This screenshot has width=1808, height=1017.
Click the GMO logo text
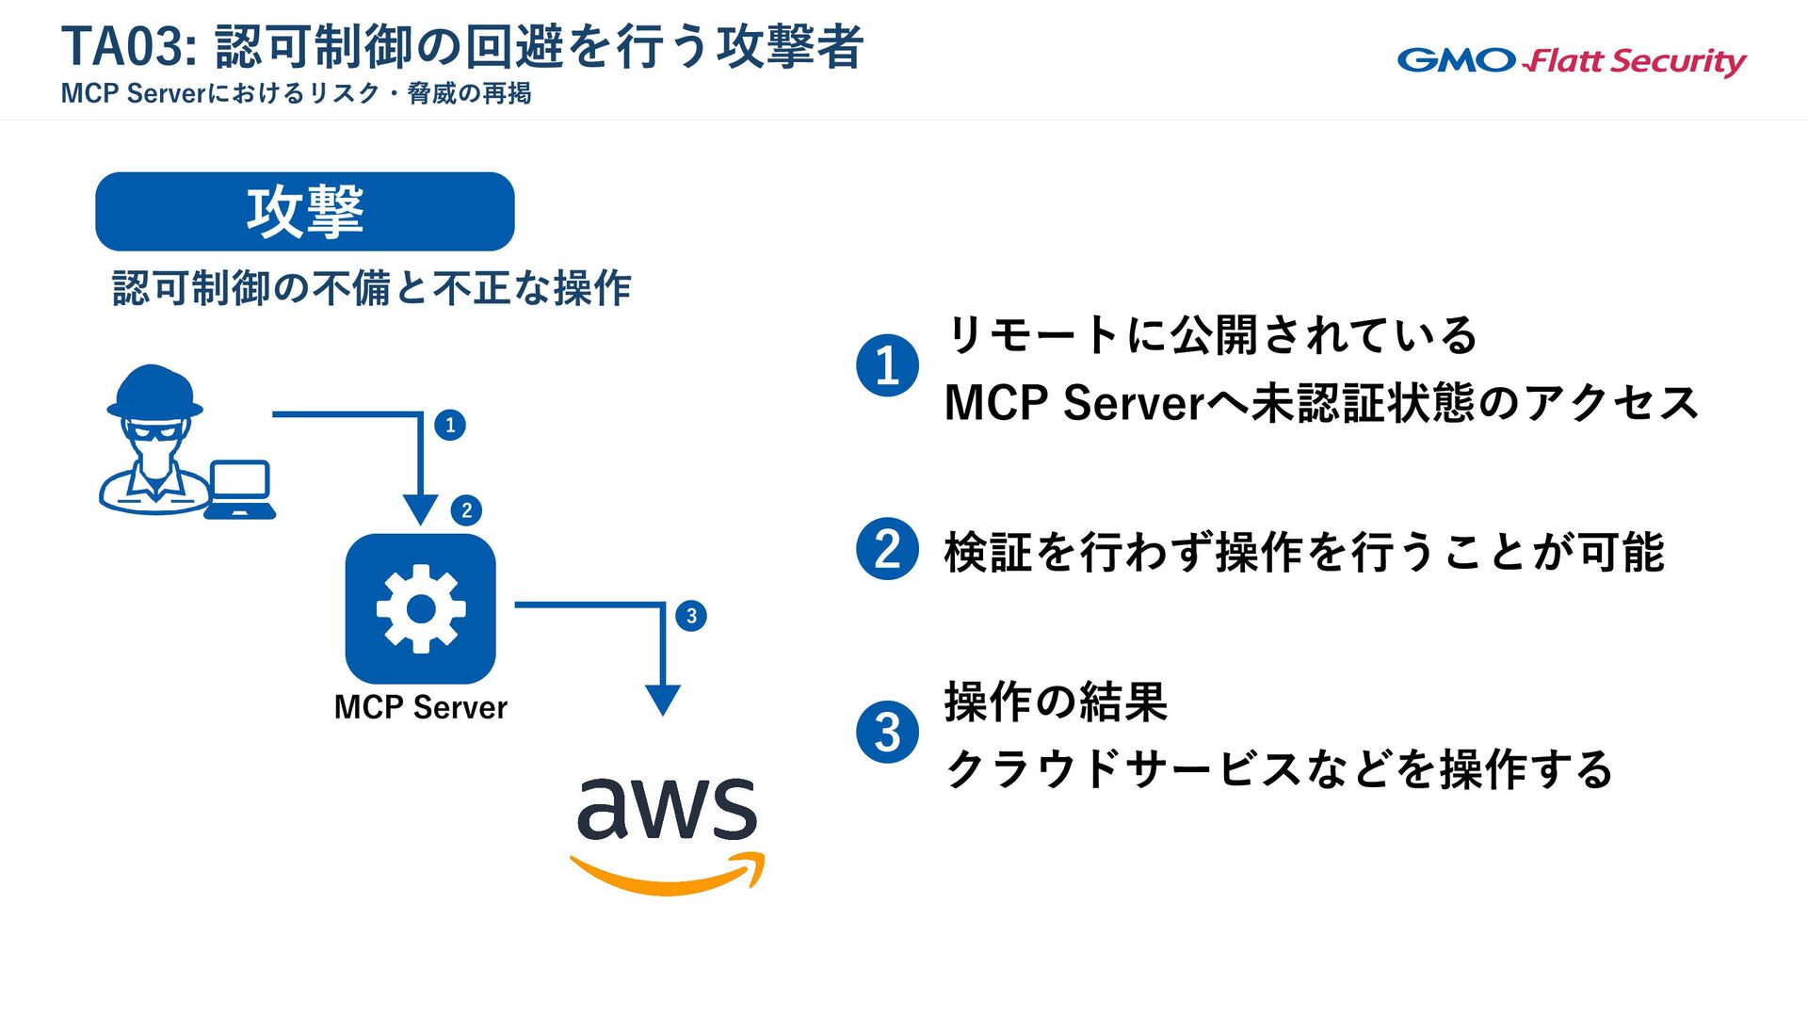point(1456,60)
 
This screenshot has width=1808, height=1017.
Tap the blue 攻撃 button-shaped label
point(305,212)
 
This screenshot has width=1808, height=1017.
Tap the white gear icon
point(421,609)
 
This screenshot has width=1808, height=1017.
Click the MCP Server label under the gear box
point(420,707)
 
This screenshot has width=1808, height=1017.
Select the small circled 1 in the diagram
point(450,425)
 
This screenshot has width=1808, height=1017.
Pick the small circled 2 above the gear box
point(466,510)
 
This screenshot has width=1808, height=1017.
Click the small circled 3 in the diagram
point(691,616)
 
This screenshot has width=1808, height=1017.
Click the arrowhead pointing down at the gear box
point(420,509)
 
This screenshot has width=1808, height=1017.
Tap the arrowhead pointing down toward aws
point(663,700)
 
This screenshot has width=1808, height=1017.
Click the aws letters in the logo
point(667,810)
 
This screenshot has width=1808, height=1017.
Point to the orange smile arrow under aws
point(669,876)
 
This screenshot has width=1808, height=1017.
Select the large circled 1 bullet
point(887,365)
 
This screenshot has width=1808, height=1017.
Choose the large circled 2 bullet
point(887,549)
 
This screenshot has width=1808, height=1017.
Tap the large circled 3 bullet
point(887,732)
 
